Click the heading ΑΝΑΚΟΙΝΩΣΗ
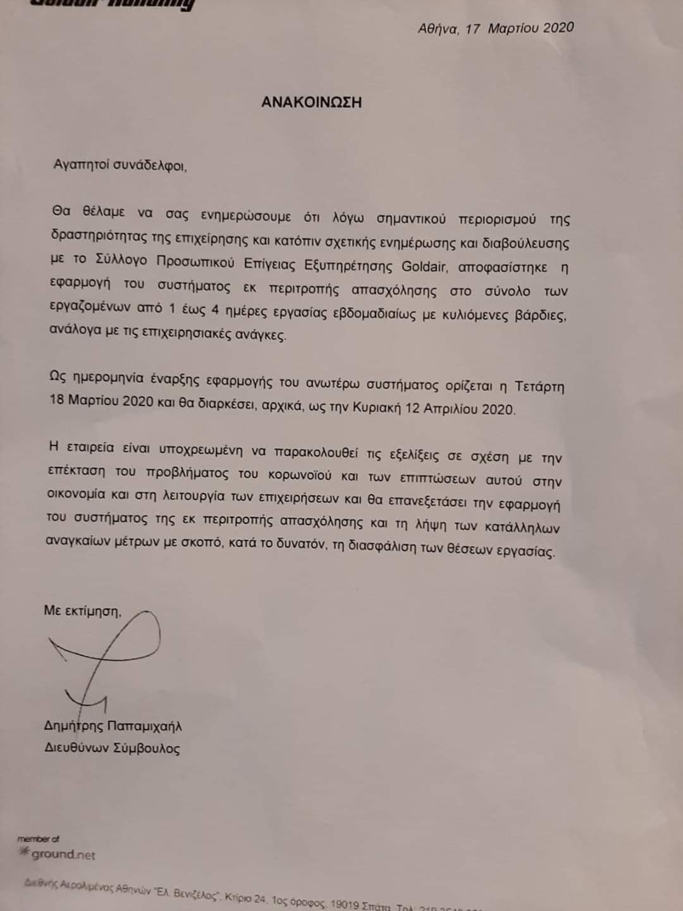(311, 102)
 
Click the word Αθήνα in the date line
(438, 28)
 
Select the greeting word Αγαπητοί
(82, 165)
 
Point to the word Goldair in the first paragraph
(425, 266)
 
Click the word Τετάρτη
(539, 386)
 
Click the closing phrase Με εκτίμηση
(82, 610)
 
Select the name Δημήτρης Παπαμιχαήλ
(113, 726)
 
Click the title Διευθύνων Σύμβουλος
(112, 748)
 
